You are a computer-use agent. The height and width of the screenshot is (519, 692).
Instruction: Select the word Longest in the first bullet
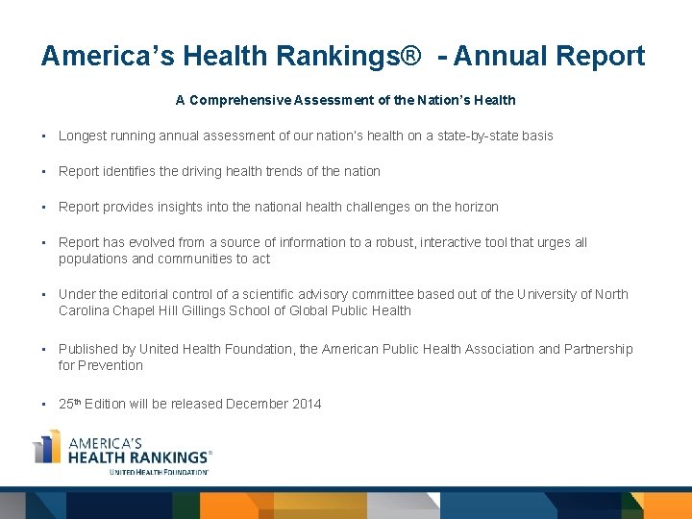83,136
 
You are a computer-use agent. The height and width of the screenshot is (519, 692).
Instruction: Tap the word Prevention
111,365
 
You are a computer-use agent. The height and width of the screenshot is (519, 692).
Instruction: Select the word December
255,404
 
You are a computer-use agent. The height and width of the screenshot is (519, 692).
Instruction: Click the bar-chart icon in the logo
47,448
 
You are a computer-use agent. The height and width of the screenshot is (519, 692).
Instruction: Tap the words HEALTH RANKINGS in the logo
137,457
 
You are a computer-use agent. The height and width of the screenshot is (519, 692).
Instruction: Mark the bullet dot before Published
44,349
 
